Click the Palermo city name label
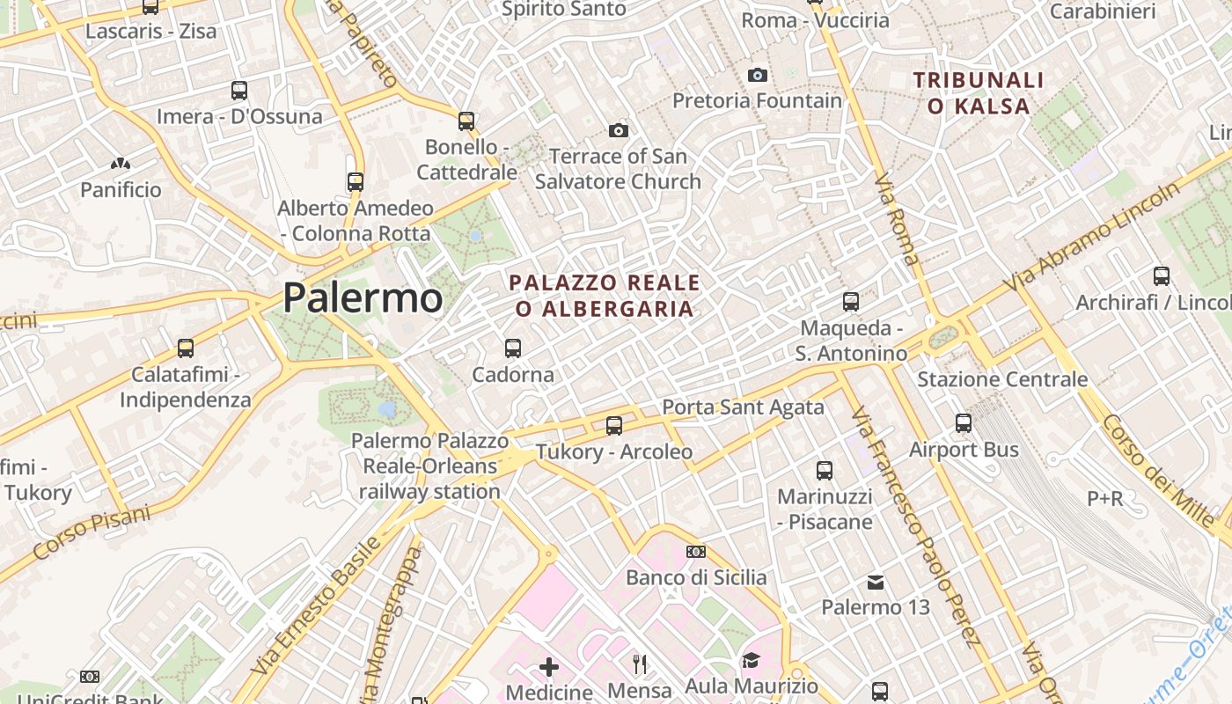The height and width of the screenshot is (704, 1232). [363, 297]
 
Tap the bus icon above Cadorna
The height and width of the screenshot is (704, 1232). [513, 348]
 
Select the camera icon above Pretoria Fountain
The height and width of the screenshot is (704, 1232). [757, 76]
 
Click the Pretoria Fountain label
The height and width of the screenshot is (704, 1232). [757, 100]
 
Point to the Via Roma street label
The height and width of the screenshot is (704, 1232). [896, 220]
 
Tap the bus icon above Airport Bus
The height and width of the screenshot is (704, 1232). [964, 423]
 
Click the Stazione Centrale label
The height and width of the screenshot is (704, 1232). [1002, 379]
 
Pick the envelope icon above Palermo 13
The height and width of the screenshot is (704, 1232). [876, 582]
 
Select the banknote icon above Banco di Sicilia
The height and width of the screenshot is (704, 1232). [696, 552]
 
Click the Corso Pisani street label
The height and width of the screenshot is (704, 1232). [92, 532]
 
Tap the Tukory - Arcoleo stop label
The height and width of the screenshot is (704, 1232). [614, 452]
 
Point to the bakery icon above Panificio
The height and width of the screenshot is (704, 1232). [121, 164]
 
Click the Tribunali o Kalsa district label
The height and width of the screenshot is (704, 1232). [979, 93]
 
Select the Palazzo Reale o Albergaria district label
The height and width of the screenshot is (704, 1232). [605, 296]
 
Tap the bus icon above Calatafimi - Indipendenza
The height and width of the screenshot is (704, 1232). [185, 348]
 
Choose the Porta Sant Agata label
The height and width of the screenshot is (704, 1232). [743, 407]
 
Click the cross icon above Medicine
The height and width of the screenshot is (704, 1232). [549, 667]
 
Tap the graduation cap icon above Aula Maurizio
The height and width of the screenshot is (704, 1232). [751, 661]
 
